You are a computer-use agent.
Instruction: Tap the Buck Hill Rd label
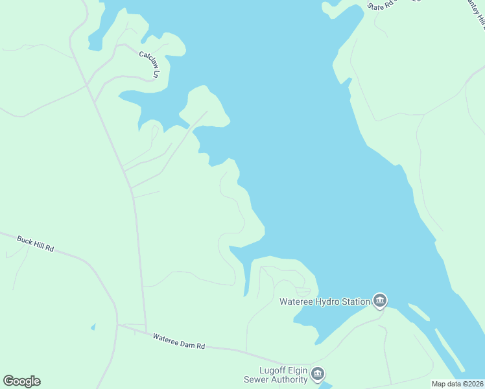click(35, 243)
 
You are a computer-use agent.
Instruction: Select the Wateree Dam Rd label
click(179, 341)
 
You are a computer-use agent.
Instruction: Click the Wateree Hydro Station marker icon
click(380, 300)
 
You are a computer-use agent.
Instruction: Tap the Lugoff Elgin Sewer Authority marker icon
click(318, 373)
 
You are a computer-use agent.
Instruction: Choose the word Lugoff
click(272, 370)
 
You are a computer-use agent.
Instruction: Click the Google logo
click(21, 381)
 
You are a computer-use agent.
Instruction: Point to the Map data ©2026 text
click(457, 384)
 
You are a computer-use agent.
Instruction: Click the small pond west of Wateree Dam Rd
click(93, 326)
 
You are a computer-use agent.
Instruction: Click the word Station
click(354, 301)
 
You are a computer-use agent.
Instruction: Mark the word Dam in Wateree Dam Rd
click(183, 342)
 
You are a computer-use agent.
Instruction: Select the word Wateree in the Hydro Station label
click(295, 301)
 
